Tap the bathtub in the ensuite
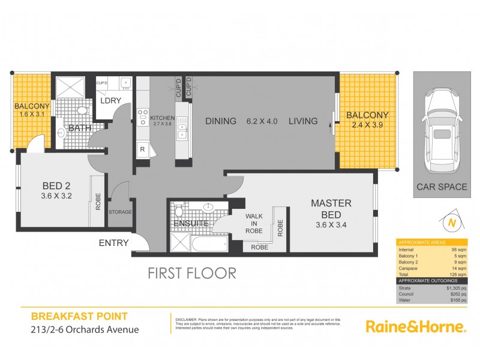click(x=208, y=244)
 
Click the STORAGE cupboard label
click(x=119, y=212)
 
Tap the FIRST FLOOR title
click(x=192, y=273)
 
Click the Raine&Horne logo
click(x=416, y=326)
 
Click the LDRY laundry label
click(x=111, y=101)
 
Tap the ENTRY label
click(x=114, y=243)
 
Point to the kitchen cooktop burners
click(x=144, y=116)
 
